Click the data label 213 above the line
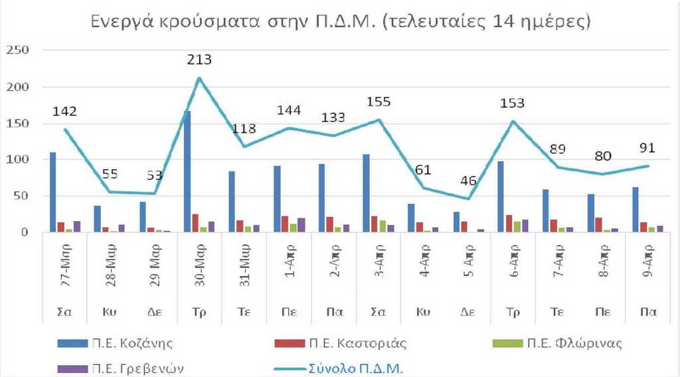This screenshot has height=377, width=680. coord(199,60)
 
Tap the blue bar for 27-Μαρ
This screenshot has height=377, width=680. coord(52,192)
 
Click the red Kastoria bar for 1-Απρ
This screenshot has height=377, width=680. coord(285,224)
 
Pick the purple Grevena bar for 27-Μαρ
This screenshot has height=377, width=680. coord(77,226)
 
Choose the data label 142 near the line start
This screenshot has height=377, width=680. coord(65,111)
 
